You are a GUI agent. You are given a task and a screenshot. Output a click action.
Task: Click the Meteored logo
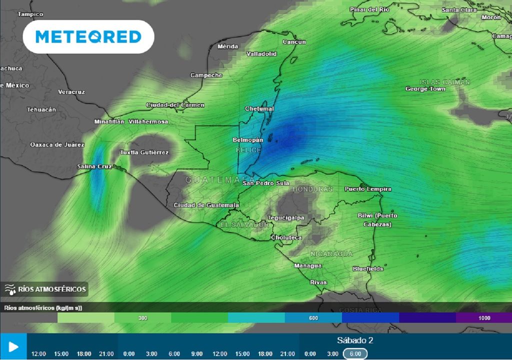[88, 37]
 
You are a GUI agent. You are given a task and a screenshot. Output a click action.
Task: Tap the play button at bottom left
[13, 346]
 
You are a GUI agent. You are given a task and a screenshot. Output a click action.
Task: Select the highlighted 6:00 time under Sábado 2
[354, 353]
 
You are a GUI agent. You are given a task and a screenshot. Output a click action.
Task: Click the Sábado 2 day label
[355, 340]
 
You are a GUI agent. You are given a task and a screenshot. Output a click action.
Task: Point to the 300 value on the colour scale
[142, 317]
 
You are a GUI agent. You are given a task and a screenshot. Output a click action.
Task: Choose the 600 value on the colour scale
[313, 317]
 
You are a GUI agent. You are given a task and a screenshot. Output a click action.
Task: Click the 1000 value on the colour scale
[483, 317]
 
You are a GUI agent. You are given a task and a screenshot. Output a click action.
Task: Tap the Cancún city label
[294, 42]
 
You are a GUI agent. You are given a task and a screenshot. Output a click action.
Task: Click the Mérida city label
[228, 46]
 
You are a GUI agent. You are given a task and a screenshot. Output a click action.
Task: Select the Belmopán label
[248, 140]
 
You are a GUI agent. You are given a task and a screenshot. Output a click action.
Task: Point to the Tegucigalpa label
[286, 217]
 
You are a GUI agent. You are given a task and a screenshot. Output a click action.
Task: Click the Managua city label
[308, 265]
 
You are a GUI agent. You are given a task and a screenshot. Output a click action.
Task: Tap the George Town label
[425, 89]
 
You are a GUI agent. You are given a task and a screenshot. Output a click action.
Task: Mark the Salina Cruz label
[94, 166]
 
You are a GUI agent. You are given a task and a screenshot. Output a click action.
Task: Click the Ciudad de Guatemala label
[206, 205]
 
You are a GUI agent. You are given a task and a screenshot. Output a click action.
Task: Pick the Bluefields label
[368, 268]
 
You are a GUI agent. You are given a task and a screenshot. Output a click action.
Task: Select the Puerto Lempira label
[368, 189]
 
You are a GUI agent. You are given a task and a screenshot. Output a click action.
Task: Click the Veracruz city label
[71, 92]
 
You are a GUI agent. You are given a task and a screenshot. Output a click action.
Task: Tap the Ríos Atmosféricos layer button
[46, 288]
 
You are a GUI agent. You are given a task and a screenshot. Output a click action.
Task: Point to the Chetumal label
[259, 108]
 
